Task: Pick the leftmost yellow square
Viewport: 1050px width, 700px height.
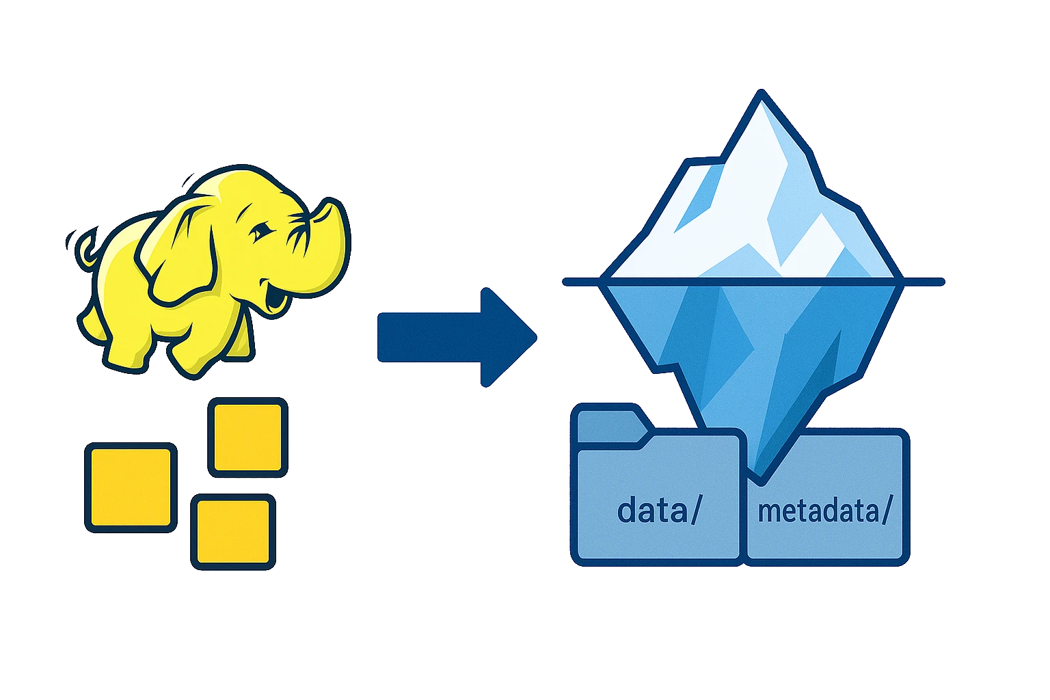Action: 131,487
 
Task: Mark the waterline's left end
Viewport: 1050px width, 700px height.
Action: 565,281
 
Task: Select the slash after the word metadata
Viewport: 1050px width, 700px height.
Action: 886,512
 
